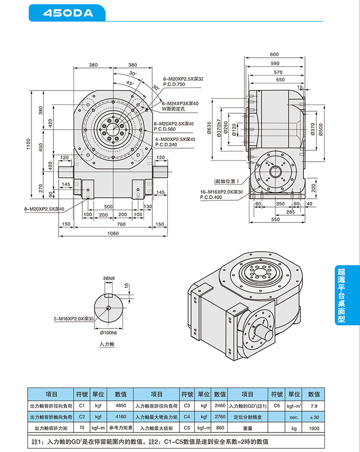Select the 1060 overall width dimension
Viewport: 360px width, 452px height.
click(x=113, y=233)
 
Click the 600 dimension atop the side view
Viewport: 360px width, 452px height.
click(x=274, y=55)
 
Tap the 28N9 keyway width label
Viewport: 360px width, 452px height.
click(x=109, y=279)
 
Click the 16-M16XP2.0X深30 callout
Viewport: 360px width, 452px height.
click(x=222, y=192)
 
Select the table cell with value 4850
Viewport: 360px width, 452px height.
click(x=121, y=406)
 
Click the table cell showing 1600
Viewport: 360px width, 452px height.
click(x=314, y=428)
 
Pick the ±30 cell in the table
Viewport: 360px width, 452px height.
click(x=314, y=417)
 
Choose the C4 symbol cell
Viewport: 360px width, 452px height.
click(x=187, y=417)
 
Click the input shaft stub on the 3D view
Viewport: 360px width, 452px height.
click(x=267, y=332)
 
